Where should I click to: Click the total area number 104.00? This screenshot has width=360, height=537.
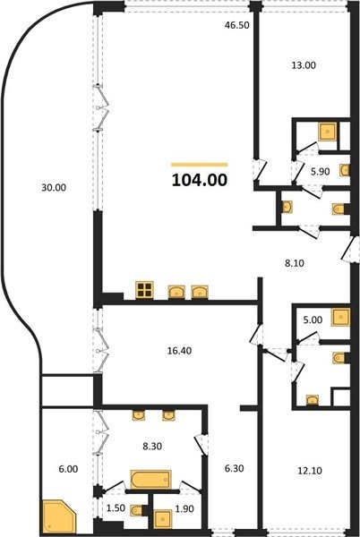coord(200,180)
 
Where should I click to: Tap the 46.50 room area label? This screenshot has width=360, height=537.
coord(236,25)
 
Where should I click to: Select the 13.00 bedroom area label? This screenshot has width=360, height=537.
coord(304,65)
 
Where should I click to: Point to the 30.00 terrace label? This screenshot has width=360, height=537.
coord(54,188)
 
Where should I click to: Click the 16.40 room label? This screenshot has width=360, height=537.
coord(179,351)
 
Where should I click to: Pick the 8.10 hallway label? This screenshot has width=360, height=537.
coord(295,263)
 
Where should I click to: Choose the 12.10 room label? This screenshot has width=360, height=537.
coord(310,471)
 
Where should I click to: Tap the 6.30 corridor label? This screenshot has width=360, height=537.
coord(235,468)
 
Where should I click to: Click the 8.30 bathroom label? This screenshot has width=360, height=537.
coord(152,447)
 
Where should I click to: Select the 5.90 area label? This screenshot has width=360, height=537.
coord(320,172)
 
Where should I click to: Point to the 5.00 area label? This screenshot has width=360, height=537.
coord(313,320)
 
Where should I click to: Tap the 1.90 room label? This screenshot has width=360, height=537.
coord(184,509)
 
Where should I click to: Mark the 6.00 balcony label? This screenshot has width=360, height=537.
coord(68,469)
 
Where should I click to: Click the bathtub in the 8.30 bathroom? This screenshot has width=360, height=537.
coord(150,479)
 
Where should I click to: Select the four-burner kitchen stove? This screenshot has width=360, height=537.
coord(144,290)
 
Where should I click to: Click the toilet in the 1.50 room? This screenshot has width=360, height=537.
coord(137,510)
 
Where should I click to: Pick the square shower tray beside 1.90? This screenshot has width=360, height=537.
coord(163,519)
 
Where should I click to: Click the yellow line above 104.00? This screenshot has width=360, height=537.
coord(200,165)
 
